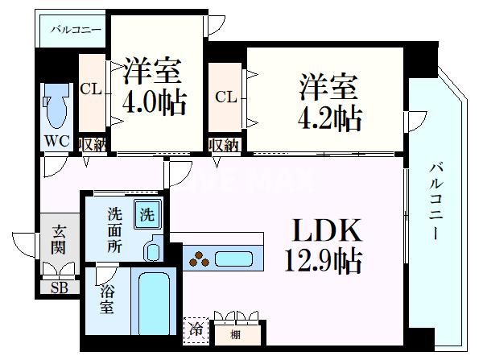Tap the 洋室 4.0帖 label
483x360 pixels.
pyautogui.click(x=155, y=86)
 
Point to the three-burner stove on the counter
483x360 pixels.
pyautogui.click(x=198, y=259)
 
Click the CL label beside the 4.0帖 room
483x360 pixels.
pyautogui.click(x=91, y=89)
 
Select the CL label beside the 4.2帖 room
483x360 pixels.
pyautogui.click(x=225, y=97)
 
